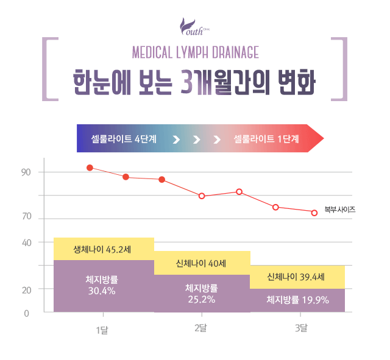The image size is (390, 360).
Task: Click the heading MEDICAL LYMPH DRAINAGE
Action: pos(196,51)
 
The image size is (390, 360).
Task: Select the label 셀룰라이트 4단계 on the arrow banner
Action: pos(124,139)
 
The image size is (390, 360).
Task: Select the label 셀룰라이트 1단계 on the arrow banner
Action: pos(266,139)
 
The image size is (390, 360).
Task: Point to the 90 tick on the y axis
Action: pos(26,172)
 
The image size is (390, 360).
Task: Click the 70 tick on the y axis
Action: pos(26,217)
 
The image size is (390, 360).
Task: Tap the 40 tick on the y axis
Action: pos(26,242)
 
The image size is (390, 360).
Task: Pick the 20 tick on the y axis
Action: pos(26,289)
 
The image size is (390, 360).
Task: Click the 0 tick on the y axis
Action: pos(26,313)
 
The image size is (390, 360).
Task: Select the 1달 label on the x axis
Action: pos(102,330)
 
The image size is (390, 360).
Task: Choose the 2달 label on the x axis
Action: pos(200,329)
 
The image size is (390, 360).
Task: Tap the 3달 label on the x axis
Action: pos(301,329)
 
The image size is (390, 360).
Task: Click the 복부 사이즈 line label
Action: pos(340,210)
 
